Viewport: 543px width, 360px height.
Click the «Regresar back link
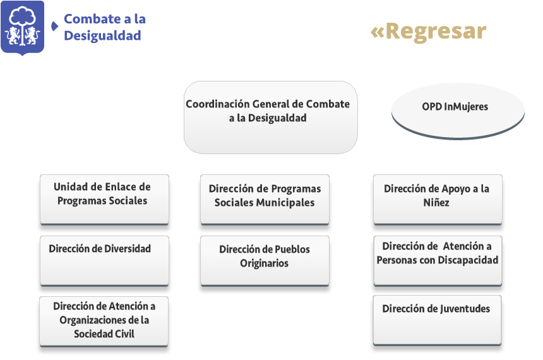tap(428, 32)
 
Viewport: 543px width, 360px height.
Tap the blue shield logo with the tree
tap(23, 28)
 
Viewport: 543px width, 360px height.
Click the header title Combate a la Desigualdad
tap(105, 27)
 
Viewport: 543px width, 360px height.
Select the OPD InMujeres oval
tap(458, 111)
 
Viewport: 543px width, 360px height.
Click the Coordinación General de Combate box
tap(270, 117)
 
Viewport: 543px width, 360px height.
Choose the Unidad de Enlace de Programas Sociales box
tap(104, 200)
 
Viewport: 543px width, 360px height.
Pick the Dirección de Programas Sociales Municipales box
tap(265, 200)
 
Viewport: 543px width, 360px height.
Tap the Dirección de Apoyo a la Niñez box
tap(438, 200)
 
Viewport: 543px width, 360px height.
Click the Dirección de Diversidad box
tap(104, 261)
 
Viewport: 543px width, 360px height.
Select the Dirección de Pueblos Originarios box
tap(265, 261)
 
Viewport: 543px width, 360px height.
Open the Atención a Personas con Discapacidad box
tap(438, 261)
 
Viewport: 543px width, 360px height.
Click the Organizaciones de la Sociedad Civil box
tap(104, 321)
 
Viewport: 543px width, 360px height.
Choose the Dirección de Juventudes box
tap(437, 320)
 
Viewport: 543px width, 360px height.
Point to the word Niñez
tap(436, 202)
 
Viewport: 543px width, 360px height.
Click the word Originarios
tap(264, 263)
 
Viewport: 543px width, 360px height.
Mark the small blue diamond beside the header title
tap(55, 26)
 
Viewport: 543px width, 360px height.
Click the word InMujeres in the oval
tap(466, 106)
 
